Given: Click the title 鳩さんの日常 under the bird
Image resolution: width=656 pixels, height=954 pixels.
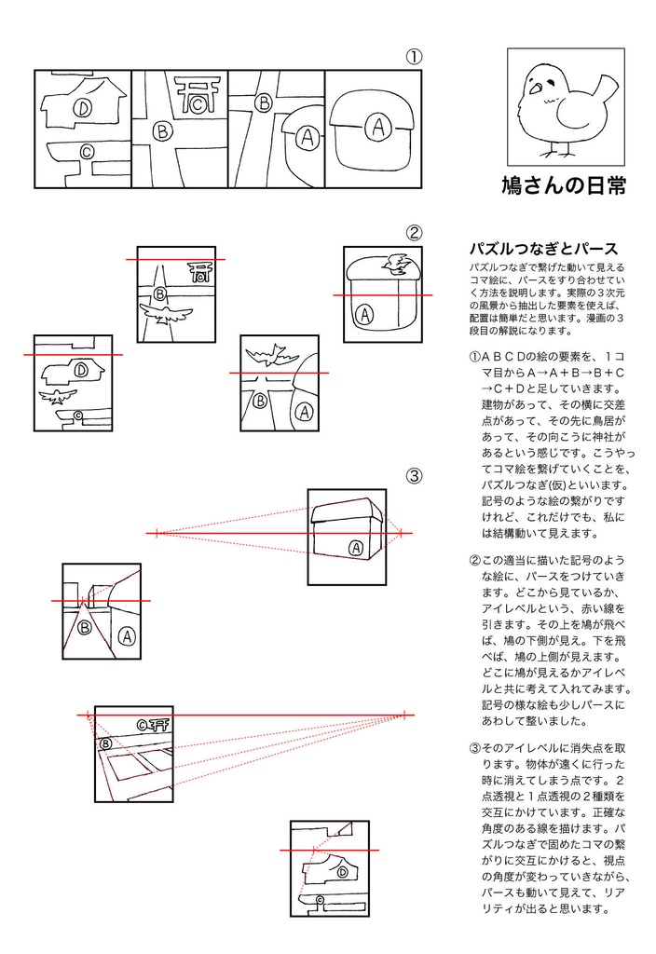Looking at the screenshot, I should click(x=563, y=185).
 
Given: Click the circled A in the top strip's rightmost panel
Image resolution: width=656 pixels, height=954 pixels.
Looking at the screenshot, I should click(x=376, y=127).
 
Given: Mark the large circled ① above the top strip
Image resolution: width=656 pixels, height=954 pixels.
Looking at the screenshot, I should click(x=414, y=57).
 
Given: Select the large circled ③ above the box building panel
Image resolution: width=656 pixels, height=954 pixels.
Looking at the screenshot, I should click(x=414, y=476).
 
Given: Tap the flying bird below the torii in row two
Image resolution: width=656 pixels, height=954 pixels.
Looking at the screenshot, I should click(x=166, y=313).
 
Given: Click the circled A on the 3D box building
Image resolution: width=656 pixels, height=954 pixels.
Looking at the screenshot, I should click(x=355, y=548).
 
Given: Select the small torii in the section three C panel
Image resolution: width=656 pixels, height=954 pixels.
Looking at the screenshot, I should click(x=158, y=723).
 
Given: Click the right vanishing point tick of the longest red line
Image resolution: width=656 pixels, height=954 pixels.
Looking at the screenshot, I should click(x=405, y=715).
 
